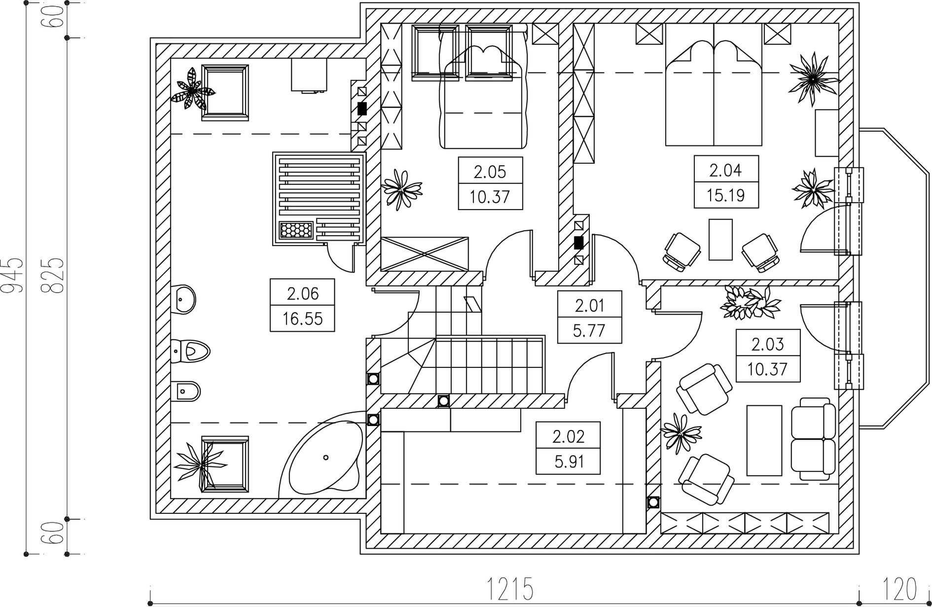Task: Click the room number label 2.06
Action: point(303,294)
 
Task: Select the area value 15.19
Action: point(726,196)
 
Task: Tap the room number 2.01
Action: point(590,306)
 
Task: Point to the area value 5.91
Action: point(568,462)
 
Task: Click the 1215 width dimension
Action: point(510,589)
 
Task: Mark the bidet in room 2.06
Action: point(188,392)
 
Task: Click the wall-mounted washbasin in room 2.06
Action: point(185,298)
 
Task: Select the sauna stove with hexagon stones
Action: point(296,230)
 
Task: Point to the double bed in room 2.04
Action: point(714,94)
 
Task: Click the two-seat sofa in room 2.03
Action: point(813,439)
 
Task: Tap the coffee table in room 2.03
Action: point(764,440)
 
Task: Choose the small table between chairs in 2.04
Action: point(720,240)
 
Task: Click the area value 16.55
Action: point(303,319)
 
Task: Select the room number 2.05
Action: point(490,172)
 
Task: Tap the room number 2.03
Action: point(768,344)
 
